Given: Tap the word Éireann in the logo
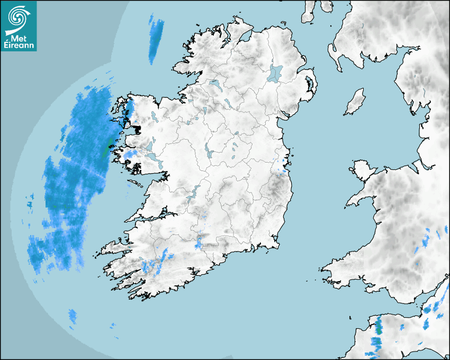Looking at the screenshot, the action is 19,45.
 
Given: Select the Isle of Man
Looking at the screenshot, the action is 355,102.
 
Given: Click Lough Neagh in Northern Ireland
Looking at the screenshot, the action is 276,73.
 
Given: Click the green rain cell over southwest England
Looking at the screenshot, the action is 378,326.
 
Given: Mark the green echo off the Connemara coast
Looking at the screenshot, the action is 108,146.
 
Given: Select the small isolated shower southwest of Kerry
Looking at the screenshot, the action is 72,316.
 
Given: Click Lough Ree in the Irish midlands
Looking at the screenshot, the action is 209,154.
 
